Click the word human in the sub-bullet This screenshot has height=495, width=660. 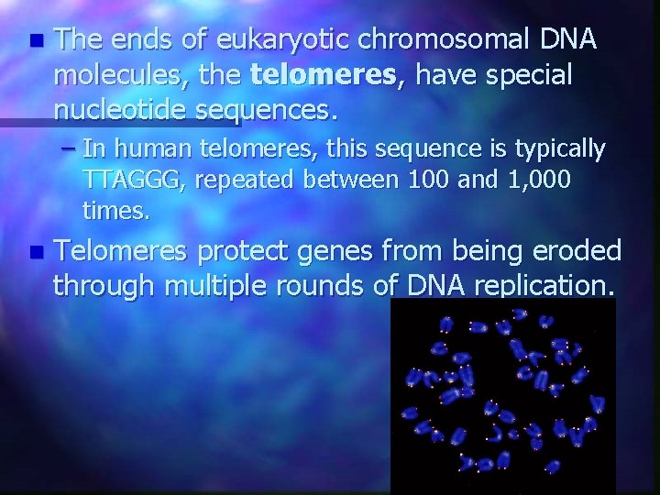(x=148, y=148)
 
